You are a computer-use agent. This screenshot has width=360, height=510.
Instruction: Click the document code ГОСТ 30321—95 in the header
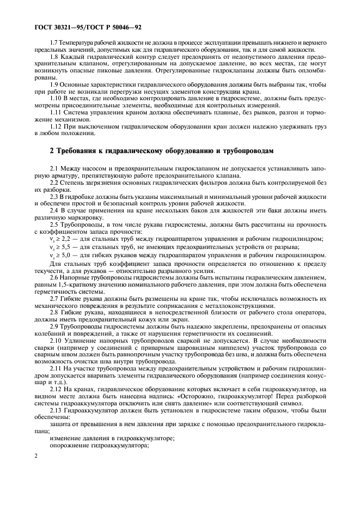tap(59, 26)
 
